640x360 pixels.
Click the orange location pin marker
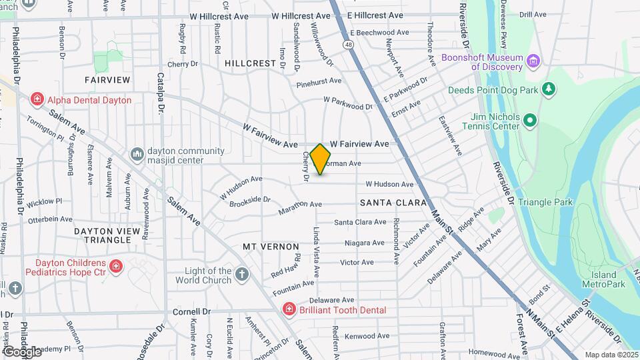pyautogui.click(x=321, y=159)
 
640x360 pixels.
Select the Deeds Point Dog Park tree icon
pyautogui.click(x=549, y=89)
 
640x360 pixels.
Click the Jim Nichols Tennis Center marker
pyautogui.click(x=530, y=121)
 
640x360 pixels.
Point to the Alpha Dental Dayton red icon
pyautogui.click(x=38, y=100)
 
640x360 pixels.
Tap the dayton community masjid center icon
pyautogui.click(x=137, y=154)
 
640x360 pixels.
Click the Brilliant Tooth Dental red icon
pyautogui.click(x=289, y=310)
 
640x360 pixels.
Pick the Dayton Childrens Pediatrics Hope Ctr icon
pyautogui.click(x=117, y=267)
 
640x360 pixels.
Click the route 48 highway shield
pyautogui.click(x=349, y=45)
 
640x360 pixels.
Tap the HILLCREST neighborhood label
pyautogui.click(x=250, y=63)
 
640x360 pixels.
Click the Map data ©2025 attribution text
pyautogui.click(x=611, y=355)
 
